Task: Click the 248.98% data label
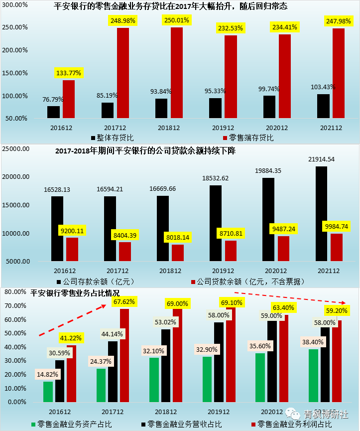click(x=123, y=20)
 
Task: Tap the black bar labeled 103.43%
click(x=323, y=106)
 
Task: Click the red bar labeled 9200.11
click(x=72, y=249)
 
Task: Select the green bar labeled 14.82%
click(x=48, y=392)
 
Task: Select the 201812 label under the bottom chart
click(x=167, y=413)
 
